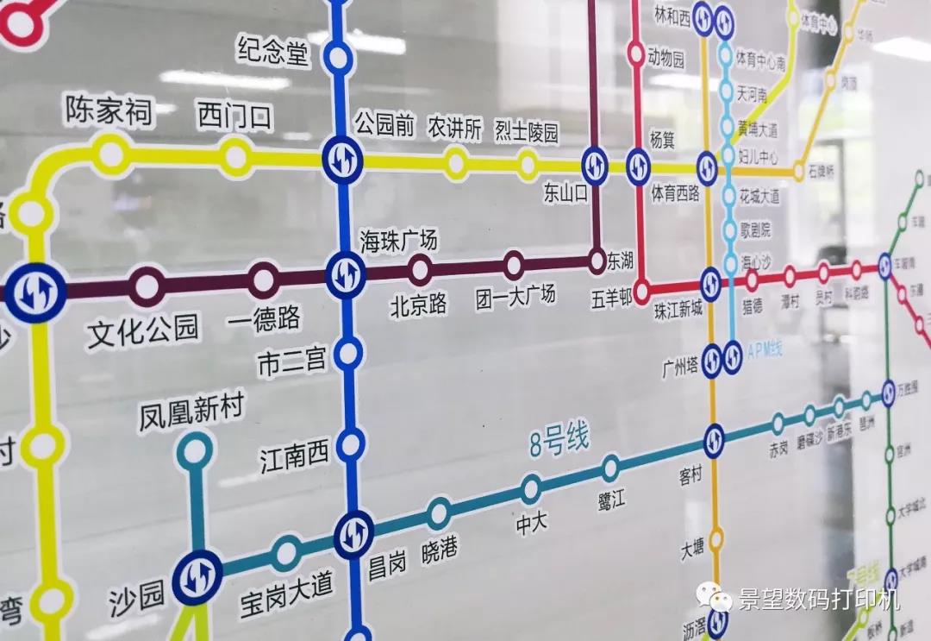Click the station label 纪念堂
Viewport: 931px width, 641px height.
click(x=272, y=53)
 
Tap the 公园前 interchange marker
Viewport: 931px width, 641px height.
click(x=342, y=158)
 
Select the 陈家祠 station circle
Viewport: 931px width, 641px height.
click(x=111, y=154)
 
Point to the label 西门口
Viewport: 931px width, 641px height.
click(x=235, y=116)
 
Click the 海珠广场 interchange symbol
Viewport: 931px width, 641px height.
click(x=346, y=274)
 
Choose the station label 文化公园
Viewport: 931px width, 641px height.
click(x=143, y=329)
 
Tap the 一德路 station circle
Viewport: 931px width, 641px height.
click(x=263, y=280)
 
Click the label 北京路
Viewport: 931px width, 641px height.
click(x=419, y=305)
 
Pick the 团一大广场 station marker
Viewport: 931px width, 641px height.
click(x=514, y=265)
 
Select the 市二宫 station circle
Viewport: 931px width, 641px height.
click(x=348, y=353)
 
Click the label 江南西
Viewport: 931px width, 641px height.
click(x=295, y=455)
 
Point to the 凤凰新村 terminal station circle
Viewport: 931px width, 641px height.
click(x=196, y=450)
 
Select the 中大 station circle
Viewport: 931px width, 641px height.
click(x=531, y=489)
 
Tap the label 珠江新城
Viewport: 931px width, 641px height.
click(x=678, y=308)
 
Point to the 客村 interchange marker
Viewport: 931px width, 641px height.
click(x=714, y=441)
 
